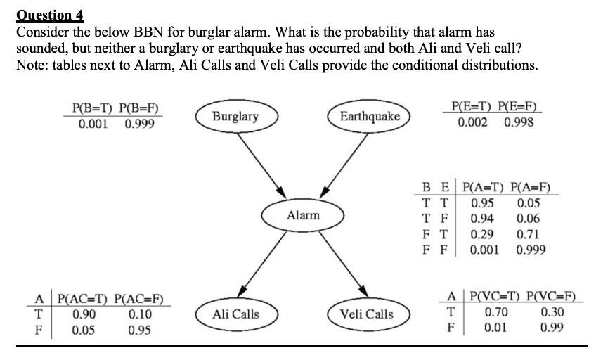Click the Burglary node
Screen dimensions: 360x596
pos(235,116)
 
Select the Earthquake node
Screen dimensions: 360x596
pos(370,116)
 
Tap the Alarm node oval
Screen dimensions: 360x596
pos(303,215)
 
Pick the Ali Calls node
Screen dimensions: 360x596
pos(236,314)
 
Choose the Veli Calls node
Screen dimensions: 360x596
pos(367,314)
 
